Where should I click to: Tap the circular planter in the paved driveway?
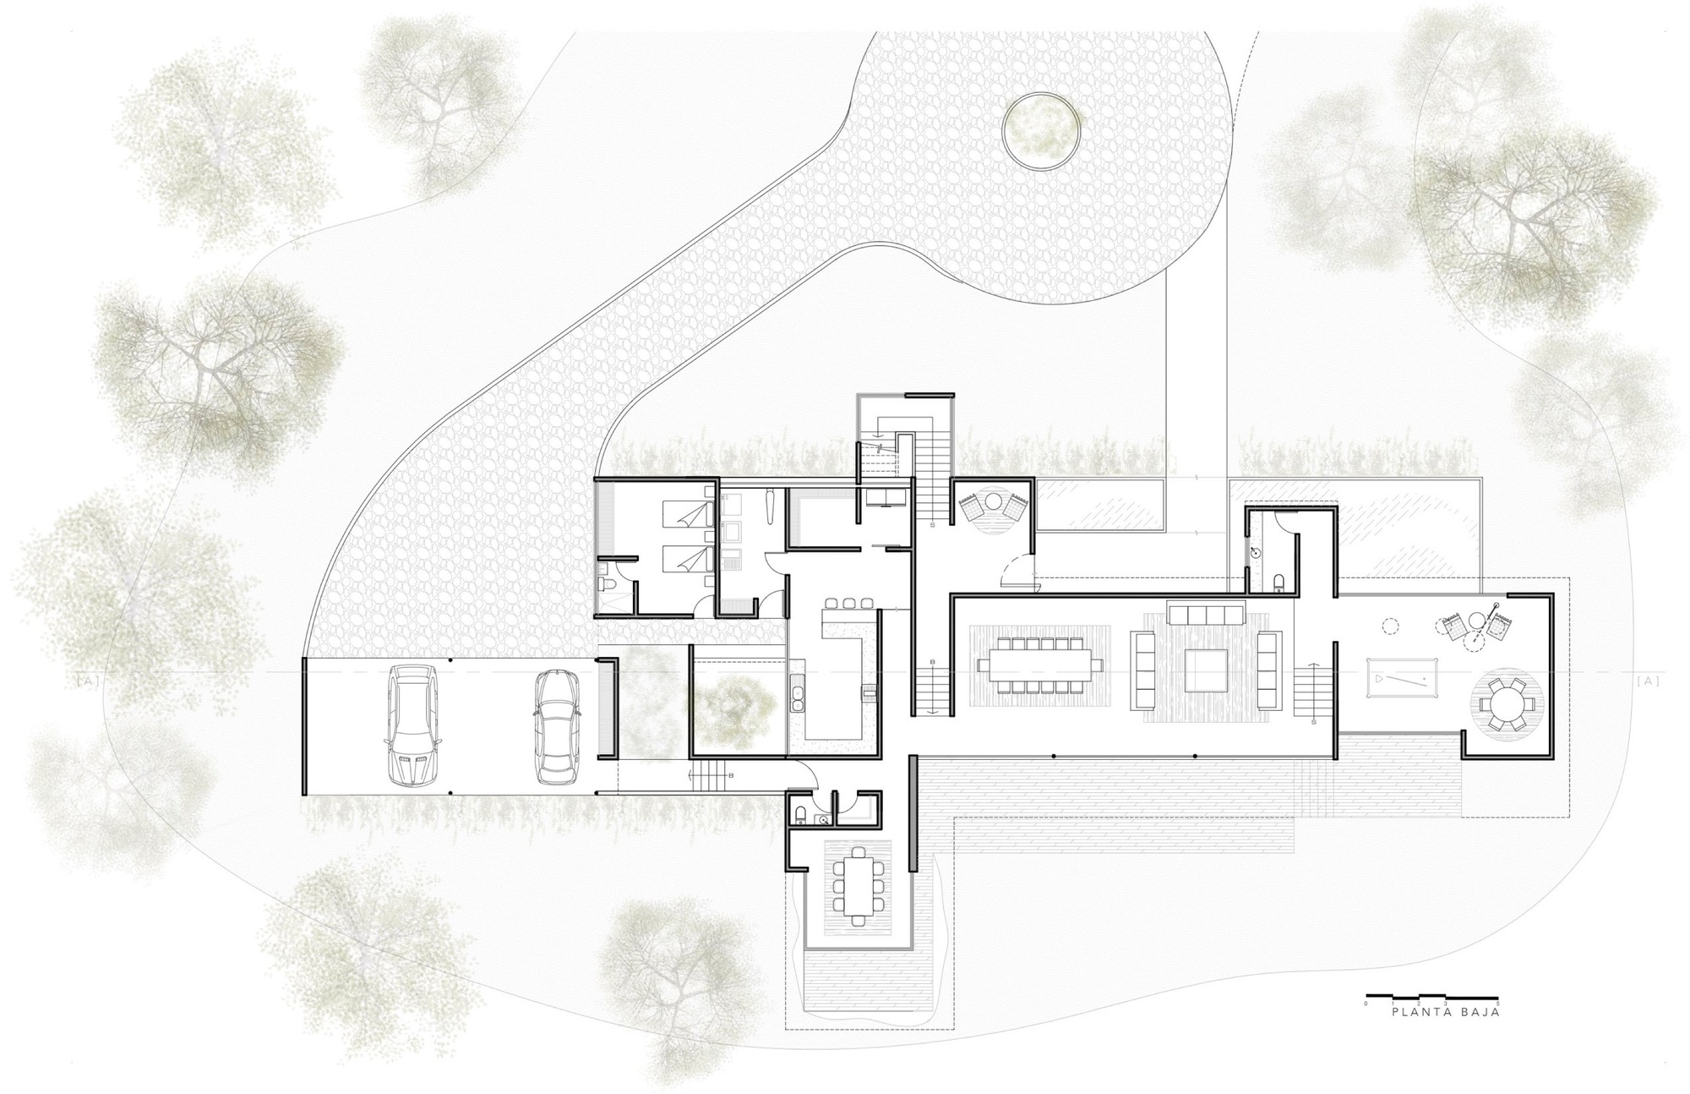(1041, 130)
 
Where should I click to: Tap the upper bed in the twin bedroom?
(685, 511)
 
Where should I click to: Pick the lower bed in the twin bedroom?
(685, 557)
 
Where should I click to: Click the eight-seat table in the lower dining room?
(857, 885)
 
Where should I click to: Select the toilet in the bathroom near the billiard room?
(1278, 581)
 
